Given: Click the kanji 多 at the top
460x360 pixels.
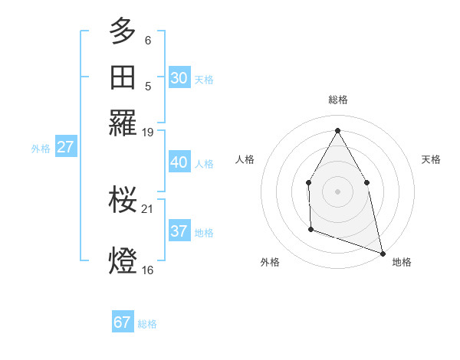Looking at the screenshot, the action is (123, 32).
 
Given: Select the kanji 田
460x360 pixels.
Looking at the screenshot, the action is (123, 77).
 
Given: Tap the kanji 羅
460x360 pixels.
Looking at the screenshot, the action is (123, 123).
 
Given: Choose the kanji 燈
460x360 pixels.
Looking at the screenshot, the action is (123, 260).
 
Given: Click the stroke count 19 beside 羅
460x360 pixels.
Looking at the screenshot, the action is (149, 133).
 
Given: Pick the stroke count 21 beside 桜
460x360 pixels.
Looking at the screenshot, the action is (149, 209).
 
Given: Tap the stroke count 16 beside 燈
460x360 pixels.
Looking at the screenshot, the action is (149, 270).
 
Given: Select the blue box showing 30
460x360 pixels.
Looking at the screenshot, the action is (179, 78).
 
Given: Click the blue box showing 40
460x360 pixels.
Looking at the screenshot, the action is (179, 162).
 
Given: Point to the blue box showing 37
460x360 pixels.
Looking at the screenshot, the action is (179, 231).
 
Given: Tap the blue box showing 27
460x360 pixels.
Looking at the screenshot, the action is (65, 147).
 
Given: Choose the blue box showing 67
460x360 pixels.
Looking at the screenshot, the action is (123, 322).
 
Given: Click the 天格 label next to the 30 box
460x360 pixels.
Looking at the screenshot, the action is (204, 79).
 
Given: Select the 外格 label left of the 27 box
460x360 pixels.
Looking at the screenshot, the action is (41, 149).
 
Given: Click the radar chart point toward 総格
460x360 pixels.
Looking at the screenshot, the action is (337, 130).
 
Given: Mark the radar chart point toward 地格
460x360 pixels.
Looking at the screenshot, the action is (383, 253).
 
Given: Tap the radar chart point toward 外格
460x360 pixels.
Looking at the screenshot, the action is (310, 228).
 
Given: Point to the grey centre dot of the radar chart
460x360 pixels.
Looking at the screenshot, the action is (337, 191).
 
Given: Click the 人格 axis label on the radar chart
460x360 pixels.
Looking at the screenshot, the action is (245, 159).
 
